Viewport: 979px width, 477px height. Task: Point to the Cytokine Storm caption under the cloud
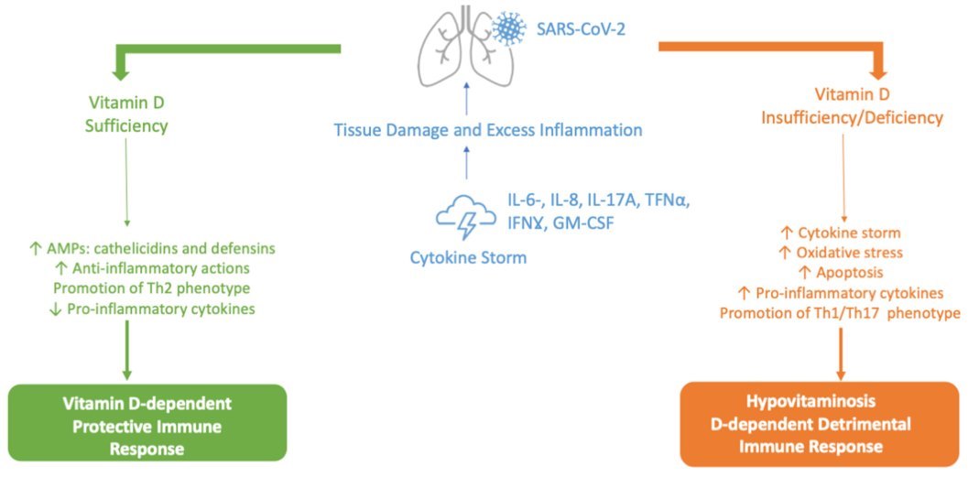coord(468,257)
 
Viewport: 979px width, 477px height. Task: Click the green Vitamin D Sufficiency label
coord(127,114)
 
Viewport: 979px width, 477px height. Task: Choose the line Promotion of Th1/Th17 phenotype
coord(839,313)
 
